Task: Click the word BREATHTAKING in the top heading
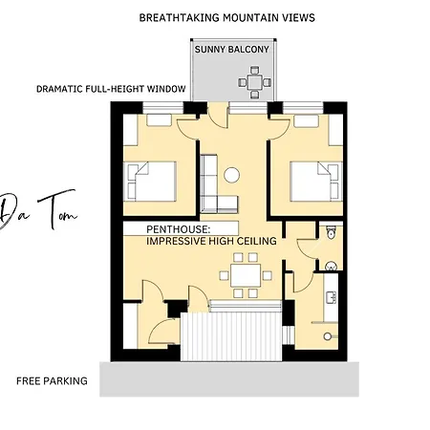[180, 17]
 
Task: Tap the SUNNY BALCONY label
[232, 50]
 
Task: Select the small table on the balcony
[255, 82]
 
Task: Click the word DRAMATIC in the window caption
[59, 89]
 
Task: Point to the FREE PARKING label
[52, 381]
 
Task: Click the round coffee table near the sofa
[231, 175]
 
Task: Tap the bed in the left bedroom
[150, 182]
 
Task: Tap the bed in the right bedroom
[316, 182]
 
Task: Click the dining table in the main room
[246, 275]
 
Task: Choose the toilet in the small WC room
[332, 232]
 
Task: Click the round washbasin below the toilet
[332, 266]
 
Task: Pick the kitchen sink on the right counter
[332, 297]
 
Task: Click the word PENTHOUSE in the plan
[178, 229]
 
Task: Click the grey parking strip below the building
[229, 379]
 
